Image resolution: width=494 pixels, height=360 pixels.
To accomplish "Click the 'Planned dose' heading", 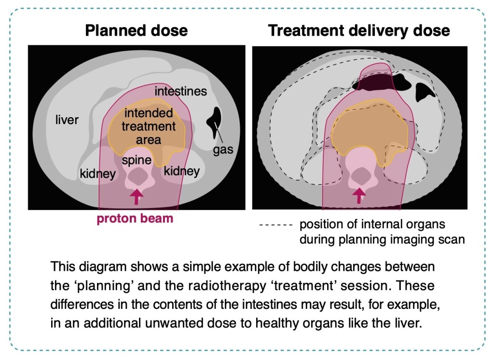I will [x=136, y=31].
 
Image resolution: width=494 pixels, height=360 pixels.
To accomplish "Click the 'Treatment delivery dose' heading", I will [x=359, y=31].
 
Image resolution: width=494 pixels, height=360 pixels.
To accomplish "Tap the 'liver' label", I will [x=67, y=120].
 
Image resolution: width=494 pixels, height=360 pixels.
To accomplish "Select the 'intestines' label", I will [x=180, y=91].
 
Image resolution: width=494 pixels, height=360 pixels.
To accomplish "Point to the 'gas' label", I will [x=223, y=150].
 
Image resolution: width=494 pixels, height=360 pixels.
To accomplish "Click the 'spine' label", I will [x=137, y=160].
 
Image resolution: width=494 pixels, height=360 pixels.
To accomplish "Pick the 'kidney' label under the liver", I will [x=98, y=173].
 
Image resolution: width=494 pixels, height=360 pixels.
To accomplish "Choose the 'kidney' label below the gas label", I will [x=181, y=171].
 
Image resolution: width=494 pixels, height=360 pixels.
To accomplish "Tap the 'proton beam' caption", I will [x=135, y=219].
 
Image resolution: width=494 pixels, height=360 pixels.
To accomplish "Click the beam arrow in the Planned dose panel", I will [x=137, y=196].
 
